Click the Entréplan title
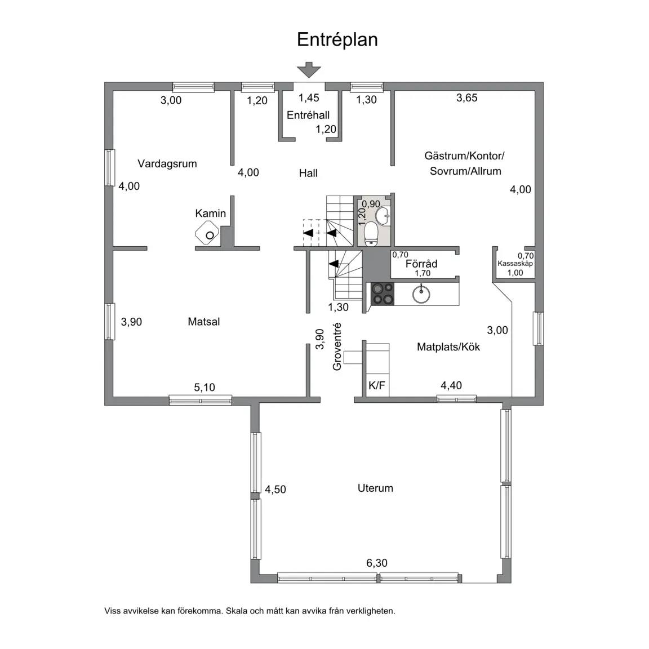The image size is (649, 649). point(337,40)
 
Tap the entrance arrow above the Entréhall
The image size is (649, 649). point(309,69)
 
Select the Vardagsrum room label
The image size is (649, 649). point(167,164)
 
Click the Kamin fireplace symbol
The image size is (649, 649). point(207,233)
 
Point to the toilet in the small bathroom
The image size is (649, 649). point(371,234)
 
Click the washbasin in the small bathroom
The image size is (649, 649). point(383,215)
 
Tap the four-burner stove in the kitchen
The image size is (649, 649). point(383,294)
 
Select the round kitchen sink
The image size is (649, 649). point(421,294)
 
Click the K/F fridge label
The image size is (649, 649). point(377,386)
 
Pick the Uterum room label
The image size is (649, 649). point(375,488)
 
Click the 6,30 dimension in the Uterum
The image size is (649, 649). point(377,563)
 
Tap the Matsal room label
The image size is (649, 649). point(203,322)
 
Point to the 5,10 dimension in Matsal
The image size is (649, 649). point(205,388)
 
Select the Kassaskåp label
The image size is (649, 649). point(515,264)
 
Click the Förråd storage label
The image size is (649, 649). point(421,264)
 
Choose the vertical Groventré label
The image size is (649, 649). point(337,346)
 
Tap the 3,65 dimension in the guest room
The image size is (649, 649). point(467,97)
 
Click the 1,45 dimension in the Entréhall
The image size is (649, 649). point(309,97)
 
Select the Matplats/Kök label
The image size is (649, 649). point(448,347)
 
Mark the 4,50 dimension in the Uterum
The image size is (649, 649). point(275,489)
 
